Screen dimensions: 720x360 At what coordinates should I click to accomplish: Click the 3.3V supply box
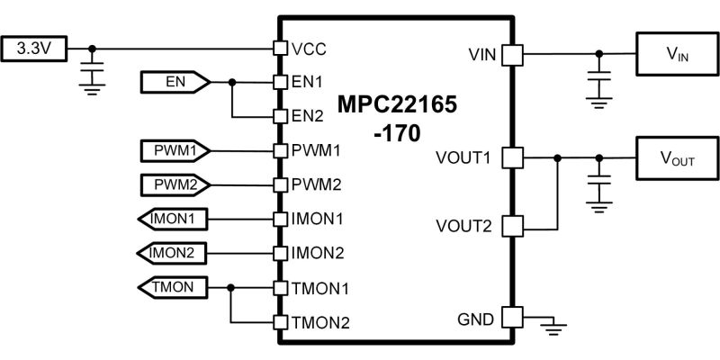pos(33,49)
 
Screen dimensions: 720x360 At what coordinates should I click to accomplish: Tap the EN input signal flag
pos(175,82)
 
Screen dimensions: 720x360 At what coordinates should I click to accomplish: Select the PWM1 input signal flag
pos(175,150)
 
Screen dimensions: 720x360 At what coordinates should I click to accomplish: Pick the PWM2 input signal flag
pos(175,185)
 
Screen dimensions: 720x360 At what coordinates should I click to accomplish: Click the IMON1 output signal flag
pos(172,219)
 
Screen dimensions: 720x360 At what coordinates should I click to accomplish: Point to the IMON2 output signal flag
pos(172,253)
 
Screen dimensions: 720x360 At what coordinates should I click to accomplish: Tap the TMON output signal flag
pos(172,287)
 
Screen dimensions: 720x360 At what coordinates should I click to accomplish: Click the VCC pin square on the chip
pos(280,49)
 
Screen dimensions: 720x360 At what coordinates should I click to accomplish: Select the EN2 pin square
pos(280,117)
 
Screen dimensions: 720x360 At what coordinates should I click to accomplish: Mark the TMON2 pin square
pos(280,322)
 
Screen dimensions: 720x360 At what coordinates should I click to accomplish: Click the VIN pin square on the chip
pos(512,55)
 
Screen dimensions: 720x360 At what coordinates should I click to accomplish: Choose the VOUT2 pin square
pos(512,227)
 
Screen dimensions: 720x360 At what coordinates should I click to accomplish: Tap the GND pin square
pos(512,317)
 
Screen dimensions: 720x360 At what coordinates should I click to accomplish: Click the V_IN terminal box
pos(678,54)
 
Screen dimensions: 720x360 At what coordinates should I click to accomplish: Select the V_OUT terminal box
pos(678,158)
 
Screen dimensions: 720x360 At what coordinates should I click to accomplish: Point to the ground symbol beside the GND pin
pos(553,328)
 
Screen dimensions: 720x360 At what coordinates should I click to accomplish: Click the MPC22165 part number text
pos(398,104)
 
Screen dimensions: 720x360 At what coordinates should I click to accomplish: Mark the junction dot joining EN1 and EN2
pos(232,82)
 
